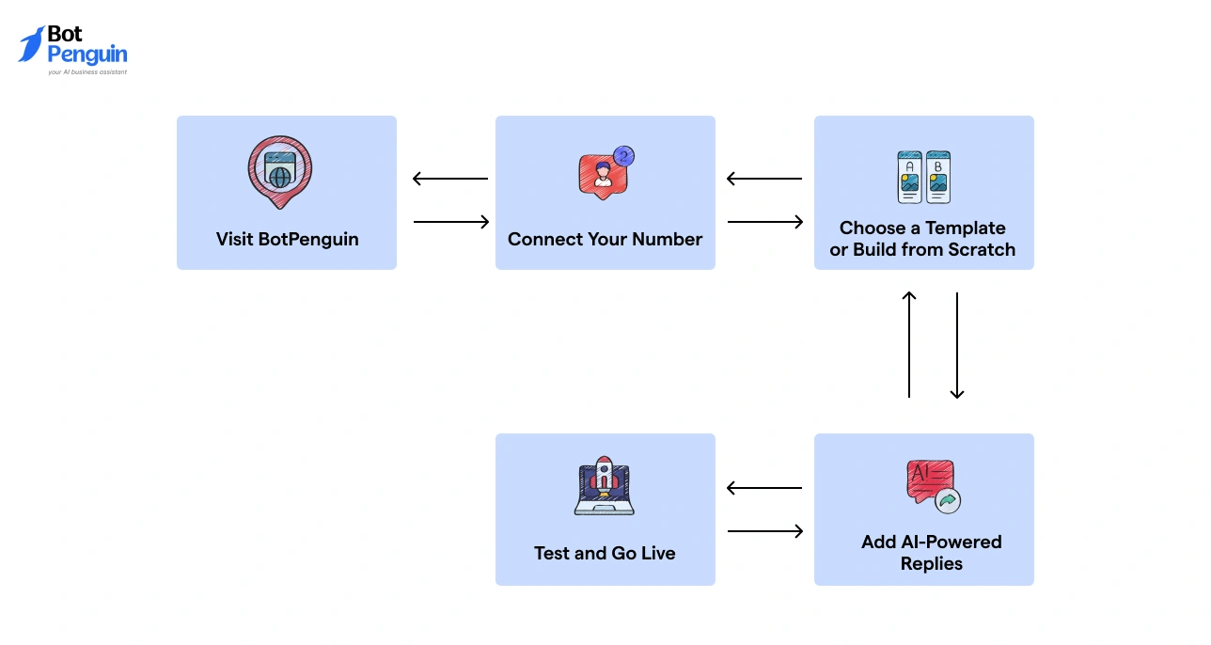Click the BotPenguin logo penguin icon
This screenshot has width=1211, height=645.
click(x=31, y=45)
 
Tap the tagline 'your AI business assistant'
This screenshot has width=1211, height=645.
click(x=87, y=71)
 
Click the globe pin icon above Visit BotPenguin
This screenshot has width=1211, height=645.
click(x=280, y=172)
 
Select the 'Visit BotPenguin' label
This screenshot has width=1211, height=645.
click(x=287, y=239)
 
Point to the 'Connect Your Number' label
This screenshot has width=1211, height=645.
click(x=605, y=239)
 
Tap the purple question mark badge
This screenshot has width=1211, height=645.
click(x=622, y=155)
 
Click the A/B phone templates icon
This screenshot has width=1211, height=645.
click(x=923, y=177)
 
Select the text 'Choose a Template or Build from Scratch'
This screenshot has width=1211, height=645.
click(x=922, y=239)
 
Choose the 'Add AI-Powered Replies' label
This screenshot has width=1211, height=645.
click(x=931, y=553)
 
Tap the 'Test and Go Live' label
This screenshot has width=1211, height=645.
click(x=605, y=553)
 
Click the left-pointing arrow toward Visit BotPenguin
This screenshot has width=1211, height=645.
click(x=450, y=179)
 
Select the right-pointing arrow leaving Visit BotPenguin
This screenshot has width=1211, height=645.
click(x=451, y=222)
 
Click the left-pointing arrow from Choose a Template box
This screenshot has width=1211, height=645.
click(x=764, y=179)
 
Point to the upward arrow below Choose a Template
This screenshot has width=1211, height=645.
click(x=909, y=344)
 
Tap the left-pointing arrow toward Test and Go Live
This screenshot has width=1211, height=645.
click(x=764, y=488)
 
